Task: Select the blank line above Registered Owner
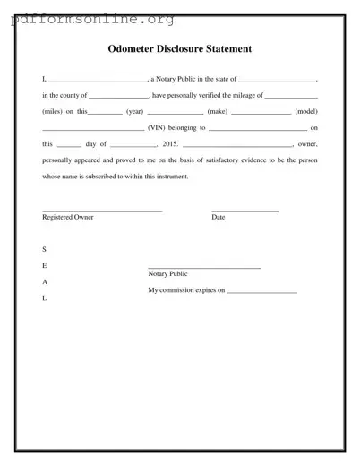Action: (x=102, y=210)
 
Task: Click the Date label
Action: (x=219, y=218)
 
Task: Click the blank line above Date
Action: (x=244, y=210)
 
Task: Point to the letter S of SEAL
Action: (x=44, y=248)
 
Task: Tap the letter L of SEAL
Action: (x=44, y=298)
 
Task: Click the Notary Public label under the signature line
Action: (x=167, y=274)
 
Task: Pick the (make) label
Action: (x=218, y=112)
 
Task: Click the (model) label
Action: (x=307, y=112)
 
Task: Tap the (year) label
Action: (x=134, y=112)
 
